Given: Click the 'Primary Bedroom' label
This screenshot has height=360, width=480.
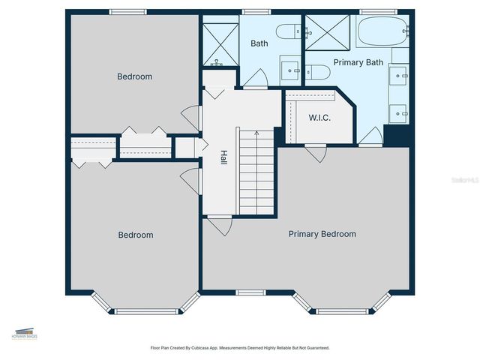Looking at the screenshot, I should [x=322, y=234].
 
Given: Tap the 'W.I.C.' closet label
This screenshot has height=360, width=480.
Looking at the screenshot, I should [x=319, y=118].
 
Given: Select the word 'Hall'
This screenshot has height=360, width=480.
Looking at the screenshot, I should [x=223, y=158].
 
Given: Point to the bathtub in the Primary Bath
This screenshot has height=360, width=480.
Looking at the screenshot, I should [x=383, y=32].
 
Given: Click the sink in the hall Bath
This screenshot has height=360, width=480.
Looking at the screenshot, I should [x=290, y=70].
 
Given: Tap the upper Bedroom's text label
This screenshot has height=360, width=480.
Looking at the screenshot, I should [x=135, y=76].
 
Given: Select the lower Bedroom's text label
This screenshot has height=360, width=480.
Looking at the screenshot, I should [x=136, y=235].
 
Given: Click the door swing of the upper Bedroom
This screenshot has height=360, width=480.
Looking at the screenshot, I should [x=192, y=118].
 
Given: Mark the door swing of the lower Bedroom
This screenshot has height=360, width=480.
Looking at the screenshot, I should [x=192, y=181].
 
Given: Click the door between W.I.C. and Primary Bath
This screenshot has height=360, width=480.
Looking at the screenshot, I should [x=370, y=136].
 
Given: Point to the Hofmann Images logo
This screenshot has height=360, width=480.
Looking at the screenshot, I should [x=24, y=333].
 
